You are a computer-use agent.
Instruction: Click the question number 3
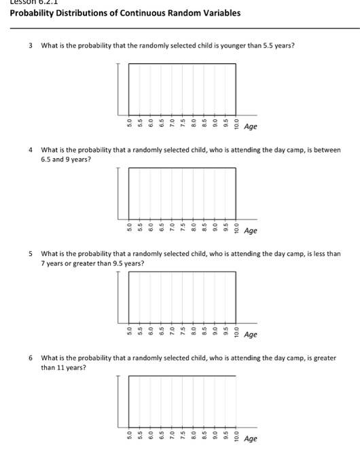click(31, 45)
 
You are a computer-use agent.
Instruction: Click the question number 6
click(31, 358)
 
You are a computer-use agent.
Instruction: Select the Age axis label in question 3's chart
click(251, 127)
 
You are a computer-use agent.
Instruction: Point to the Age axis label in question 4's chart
click(251, 231)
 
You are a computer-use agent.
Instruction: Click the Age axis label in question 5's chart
click(251, 335)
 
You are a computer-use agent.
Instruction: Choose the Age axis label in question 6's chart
click(251, 438)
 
